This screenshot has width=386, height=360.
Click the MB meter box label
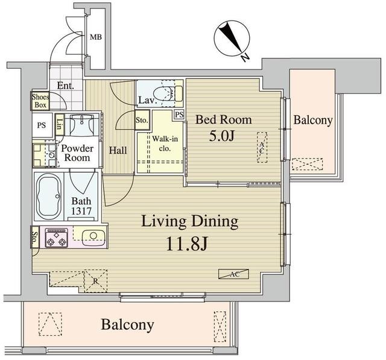(96, 37)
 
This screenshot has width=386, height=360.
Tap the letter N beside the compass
(245, 57)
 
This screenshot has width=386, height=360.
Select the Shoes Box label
(40, 101)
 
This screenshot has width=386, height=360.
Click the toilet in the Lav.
(168, 93)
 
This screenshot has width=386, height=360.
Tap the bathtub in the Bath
(48, 197)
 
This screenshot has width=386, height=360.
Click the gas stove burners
(56, 238)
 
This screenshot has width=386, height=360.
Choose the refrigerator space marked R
(96, 281)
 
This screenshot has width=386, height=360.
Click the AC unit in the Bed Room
(262, 147)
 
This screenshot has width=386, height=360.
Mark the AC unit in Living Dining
(233, 274)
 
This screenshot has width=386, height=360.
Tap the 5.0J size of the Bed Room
(221, 136)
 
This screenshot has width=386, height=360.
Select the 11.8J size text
(187, 244)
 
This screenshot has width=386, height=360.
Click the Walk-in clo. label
(165, 144)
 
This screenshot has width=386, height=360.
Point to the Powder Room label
(77, 153)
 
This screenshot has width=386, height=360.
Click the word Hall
(118, 150)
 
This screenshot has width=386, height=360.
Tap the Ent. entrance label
(66, 86)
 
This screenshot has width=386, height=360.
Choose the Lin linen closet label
(59, 124)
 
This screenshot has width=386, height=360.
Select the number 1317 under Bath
(81, 211)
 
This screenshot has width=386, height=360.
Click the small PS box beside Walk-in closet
(180, 115)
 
